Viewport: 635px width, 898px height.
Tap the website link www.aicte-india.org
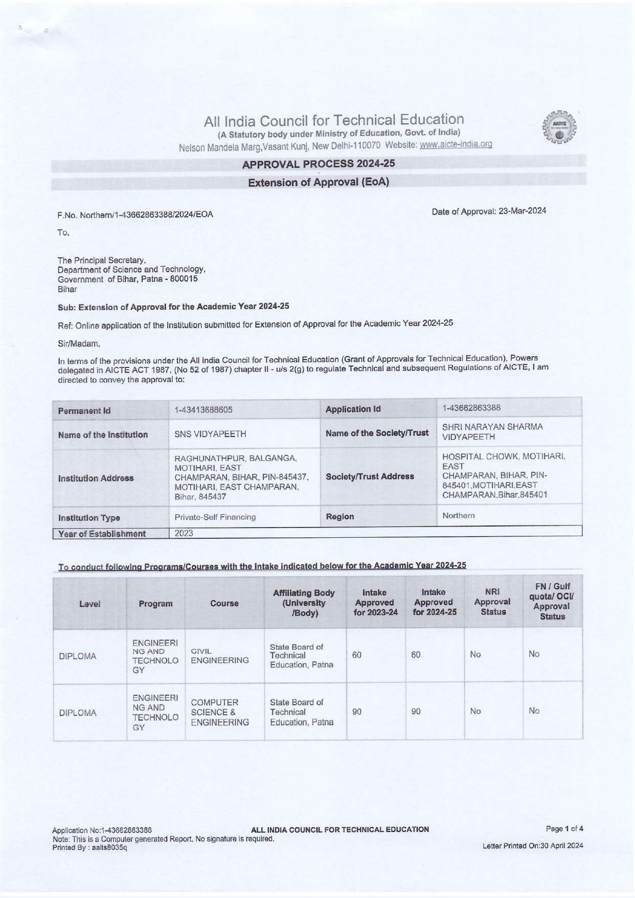click(x=456, y=145)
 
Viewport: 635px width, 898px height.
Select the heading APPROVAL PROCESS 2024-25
click(x=318, y=164)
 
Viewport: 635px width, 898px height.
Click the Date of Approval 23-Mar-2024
click(x=489, y=211)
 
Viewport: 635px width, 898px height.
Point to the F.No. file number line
click(x=135, y=214)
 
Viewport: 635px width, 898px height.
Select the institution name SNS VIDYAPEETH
click(x=210, y=434)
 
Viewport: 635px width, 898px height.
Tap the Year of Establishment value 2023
click(x=184, y=533)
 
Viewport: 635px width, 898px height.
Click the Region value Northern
click(x=459, y=515)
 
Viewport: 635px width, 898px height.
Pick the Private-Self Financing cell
click(x=215, y=517)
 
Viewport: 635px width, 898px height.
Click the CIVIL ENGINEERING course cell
click(x=220, y=655)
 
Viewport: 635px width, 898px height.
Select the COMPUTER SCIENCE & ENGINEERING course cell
click(x=220, y=712)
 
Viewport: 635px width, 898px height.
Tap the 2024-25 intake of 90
click(x=416, y=711)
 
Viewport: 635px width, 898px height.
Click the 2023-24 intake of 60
click(x=357, y=654)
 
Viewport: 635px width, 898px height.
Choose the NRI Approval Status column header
click(x=493, y=602)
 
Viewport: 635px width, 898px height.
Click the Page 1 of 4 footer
click(x=564, y=828)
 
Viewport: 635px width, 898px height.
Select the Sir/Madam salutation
click(x=79, y=344)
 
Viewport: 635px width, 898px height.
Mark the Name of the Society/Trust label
click(x=377, y=433)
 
